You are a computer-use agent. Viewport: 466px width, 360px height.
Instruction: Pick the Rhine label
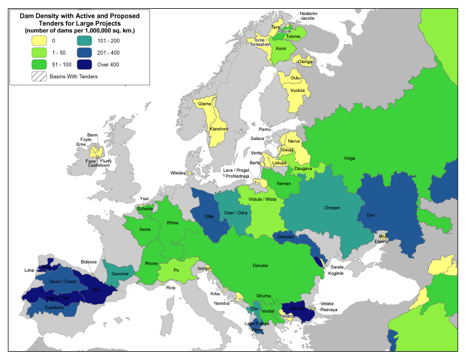(x=172, y=223)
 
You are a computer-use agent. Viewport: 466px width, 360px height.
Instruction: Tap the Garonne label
(x=118, y=274)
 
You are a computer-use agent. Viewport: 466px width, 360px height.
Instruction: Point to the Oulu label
(x=295, y=77)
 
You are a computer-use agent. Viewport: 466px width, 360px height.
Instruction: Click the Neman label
(x=284, y=184)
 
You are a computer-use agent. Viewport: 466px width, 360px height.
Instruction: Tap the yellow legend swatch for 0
(x=39, y=41)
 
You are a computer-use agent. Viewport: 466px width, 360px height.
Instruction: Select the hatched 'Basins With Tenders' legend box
(x=39, y=76)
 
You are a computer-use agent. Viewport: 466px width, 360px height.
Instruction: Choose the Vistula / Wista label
(x=262, y=199)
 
